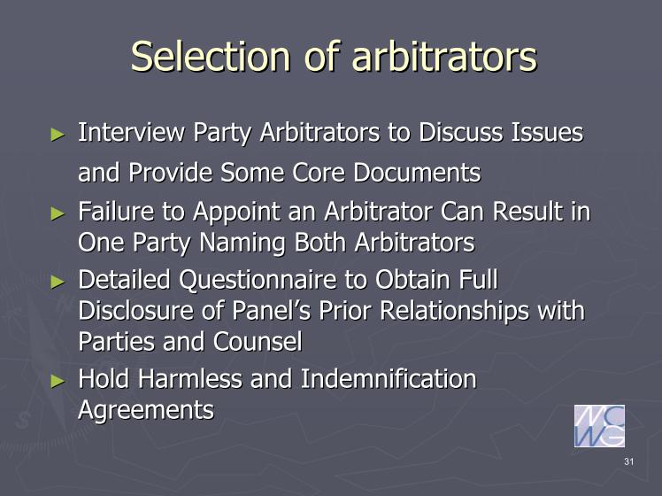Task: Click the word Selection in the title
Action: tap(211, 56)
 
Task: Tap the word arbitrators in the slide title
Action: tap(444, 56)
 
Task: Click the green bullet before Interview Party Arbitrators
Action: tap(58, 135)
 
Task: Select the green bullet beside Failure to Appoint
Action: tap(58, 213)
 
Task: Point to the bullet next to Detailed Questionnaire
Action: tap(58, 282)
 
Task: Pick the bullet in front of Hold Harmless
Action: tap(58, 381)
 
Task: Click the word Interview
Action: tap(131, 132)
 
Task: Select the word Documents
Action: tap(417, 173)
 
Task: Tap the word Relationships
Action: tap(454, 312)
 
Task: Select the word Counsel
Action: tap(258, 342)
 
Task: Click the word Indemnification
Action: tap(389, 378)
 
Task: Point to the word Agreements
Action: tap(146, 411)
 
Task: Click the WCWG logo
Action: tap(599, 426)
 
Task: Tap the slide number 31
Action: tap(628, 461)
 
